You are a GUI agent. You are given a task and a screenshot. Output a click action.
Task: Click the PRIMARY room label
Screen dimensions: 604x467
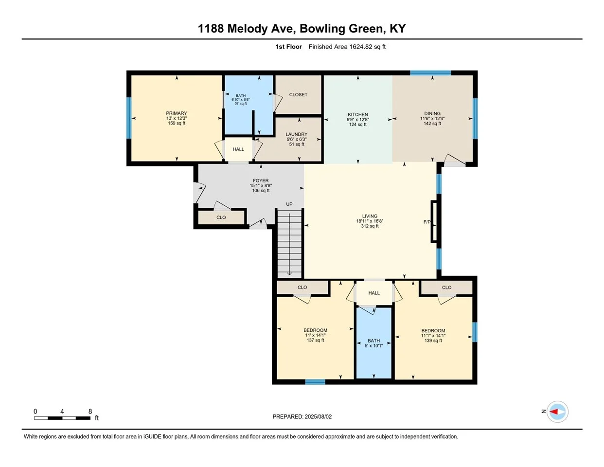coord(176,113)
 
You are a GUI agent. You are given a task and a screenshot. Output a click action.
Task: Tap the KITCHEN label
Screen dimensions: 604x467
coord(358,114)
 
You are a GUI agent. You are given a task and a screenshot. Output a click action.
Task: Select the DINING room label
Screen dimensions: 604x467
coord(432,113)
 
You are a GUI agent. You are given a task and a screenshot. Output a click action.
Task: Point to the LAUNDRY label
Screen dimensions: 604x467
coord(297,134)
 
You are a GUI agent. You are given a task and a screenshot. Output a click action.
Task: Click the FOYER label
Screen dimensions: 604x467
coord(261,180)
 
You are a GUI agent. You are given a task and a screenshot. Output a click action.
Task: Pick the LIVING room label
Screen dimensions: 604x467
coord(370,216)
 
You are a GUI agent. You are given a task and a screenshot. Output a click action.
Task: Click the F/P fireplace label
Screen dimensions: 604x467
coord(427,222)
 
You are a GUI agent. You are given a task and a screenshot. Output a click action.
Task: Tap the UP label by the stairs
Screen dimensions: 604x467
coord(289,204)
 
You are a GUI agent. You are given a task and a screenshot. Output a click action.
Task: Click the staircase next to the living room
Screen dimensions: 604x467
coord(289,244)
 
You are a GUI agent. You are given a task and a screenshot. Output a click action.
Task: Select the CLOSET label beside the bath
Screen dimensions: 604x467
coord(298,94)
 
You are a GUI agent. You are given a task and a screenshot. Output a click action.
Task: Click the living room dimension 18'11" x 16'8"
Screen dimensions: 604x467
coord(370,221)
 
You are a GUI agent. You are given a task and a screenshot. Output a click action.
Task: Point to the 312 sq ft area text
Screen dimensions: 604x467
coord(370,226)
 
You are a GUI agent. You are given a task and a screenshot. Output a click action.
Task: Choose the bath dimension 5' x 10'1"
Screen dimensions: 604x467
coord(374,346)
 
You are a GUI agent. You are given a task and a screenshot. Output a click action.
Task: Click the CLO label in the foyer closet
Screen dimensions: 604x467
coord(221,217)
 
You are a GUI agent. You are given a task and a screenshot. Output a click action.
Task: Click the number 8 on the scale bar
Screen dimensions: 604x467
coord(90,412)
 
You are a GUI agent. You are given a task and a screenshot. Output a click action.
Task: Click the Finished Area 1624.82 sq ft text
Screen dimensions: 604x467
coord(347,47)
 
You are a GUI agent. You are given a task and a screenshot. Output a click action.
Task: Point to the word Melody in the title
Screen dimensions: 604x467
coord(248,29)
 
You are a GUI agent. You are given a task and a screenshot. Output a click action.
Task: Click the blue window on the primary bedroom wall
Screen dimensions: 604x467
coord(129,118)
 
